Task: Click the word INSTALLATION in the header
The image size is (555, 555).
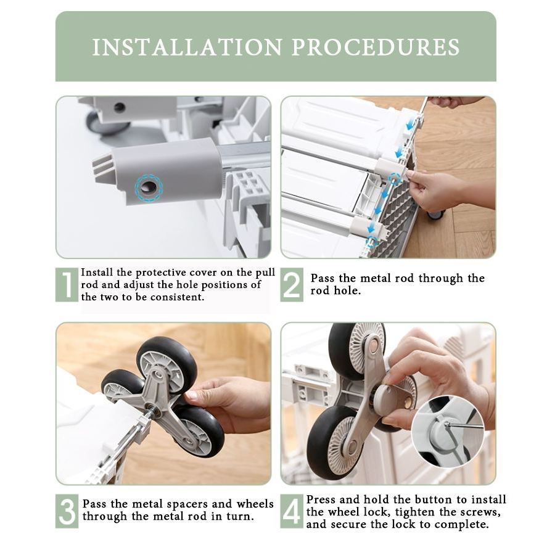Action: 187,47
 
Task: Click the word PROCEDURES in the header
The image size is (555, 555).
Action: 376,47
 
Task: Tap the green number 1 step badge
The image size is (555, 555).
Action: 67,284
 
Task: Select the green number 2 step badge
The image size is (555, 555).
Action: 292,284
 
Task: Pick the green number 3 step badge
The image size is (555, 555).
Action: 67,511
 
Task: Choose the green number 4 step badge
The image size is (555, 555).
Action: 292,511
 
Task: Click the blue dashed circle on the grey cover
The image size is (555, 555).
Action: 149,188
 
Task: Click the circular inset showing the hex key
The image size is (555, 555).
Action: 448,432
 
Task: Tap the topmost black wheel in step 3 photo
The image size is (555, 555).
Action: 166,363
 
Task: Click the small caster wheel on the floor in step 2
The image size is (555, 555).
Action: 436,214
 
